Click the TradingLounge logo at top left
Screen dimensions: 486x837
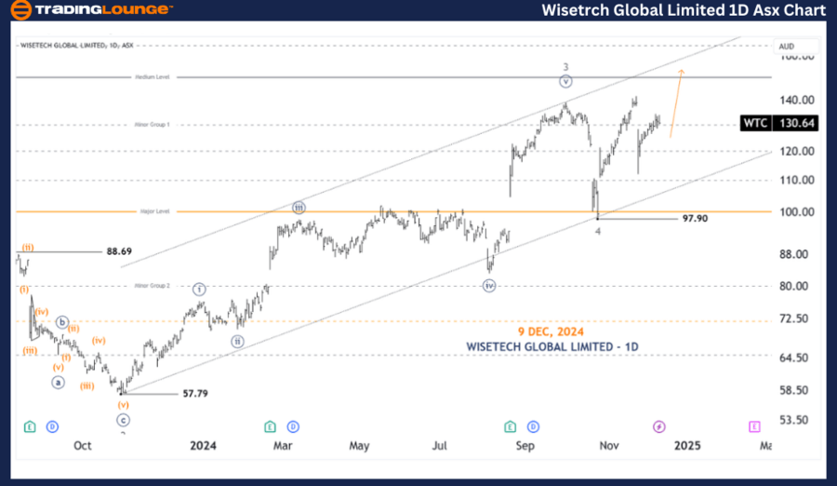click(x=90, y=10)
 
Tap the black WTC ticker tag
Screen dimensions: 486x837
click(x=754, y=123)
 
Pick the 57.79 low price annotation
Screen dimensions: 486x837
click(x=194, y=394)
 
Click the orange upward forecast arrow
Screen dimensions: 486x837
click(x=676, y=102)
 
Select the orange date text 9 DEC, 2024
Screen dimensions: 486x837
click(x=552, y=331)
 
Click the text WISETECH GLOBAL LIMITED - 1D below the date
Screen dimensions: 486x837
click(x=552, y=346)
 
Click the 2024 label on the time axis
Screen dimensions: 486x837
click(x=203, y=446)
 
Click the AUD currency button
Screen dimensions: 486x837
click(x=786, y=46)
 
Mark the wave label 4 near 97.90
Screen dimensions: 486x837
click(x=598, y=231)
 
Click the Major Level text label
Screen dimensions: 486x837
click(x=155, y=211)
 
